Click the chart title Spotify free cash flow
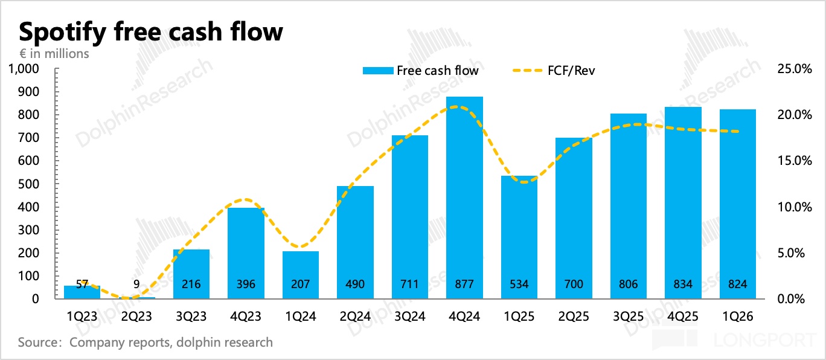pos(151,31)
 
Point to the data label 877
pos(464,284)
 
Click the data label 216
pos(191,284)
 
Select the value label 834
pos(682,284)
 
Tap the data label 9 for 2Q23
pos(136,284)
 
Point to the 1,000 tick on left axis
pos(24,69)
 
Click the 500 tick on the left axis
pos(30,184)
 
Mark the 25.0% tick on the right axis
pos(793,69)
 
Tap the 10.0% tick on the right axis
pos(793,207)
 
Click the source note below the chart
pos(145,342)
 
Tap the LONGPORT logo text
pos(764,339)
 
